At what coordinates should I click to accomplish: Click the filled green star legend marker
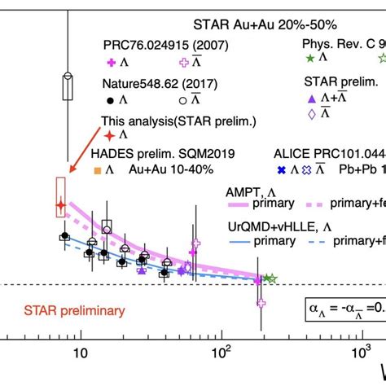(x=309, y=58)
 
